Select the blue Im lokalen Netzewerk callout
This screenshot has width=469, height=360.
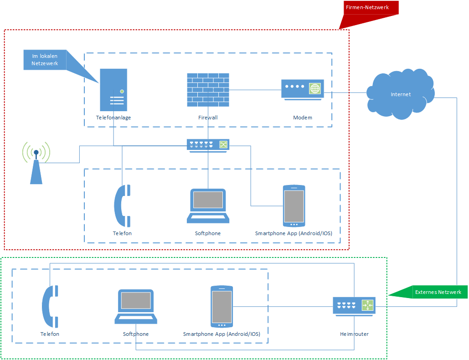45,60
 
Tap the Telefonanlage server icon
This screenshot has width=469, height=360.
113,90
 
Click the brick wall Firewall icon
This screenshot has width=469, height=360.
208,90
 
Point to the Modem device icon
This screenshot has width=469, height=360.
303,89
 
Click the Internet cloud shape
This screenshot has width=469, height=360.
401,95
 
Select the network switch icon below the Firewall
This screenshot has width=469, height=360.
208,144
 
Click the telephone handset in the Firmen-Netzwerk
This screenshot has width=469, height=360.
122,206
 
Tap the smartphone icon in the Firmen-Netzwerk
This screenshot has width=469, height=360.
294,206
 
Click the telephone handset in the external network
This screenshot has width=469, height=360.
50,306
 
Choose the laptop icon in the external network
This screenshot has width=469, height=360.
136,307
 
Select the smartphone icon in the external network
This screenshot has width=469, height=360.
222,307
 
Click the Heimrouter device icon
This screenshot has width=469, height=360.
354,306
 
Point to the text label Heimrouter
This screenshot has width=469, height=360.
354,334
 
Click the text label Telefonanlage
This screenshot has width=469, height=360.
113,118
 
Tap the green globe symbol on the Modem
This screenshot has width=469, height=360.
315,88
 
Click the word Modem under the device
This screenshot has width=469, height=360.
303,118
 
